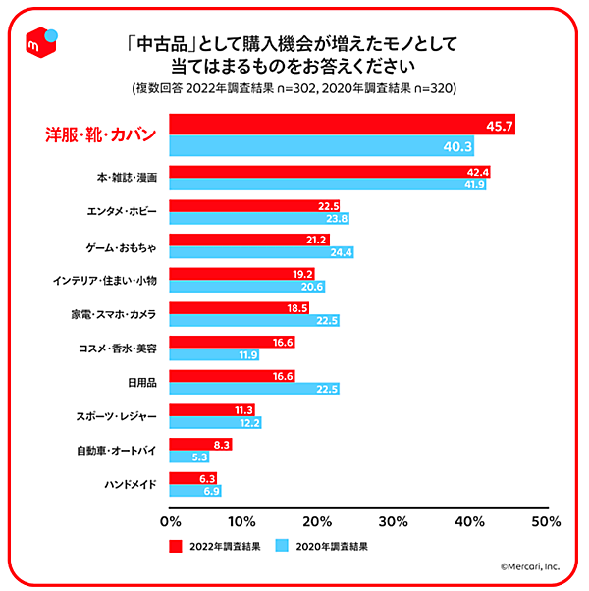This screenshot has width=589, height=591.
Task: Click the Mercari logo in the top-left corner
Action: (43, 43)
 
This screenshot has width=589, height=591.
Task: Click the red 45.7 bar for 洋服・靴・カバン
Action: (343, 125)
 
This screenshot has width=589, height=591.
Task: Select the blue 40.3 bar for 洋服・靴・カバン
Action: (323, 146)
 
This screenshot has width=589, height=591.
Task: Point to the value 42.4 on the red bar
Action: (477, 172)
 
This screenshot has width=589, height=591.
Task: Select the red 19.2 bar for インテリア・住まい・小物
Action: (242, 274)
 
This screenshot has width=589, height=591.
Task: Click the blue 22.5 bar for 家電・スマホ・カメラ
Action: (255, 320)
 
